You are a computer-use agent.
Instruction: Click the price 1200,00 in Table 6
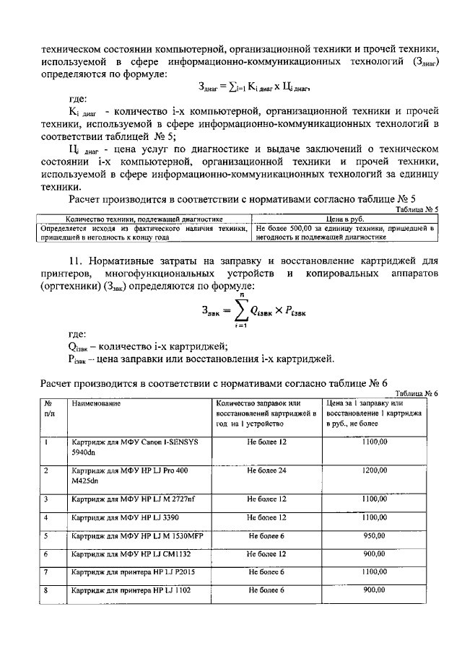click(x=375, y=470)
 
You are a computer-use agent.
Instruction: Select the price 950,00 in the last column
click(x=375, y=537)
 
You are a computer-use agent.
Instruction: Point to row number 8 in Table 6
click(x=46, y=590)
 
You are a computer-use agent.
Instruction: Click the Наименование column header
click(x=95, y=403)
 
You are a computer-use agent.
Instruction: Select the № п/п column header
click(x=48, y=408)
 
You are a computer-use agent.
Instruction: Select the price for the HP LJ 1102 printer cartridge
click(x=375, y=590)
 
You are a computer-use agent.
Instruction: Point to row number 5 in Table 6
click(x=46, y=537)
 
